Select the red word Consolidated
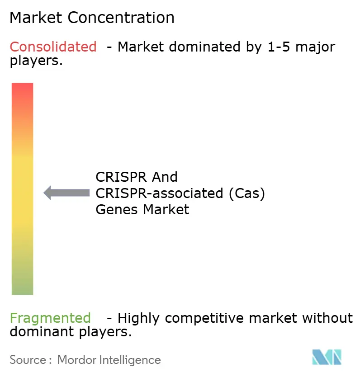pyautogui.click(x=53, y=47)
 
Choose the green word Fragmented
pyautogui.click(x=50, y=318)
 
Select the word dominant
pyautogui.click(x=37, y=332)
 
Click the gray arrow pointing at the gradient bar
pyautogui.click(x=66, y=193)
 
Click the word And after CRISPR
pyautogui.click(x=166, y=177)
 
